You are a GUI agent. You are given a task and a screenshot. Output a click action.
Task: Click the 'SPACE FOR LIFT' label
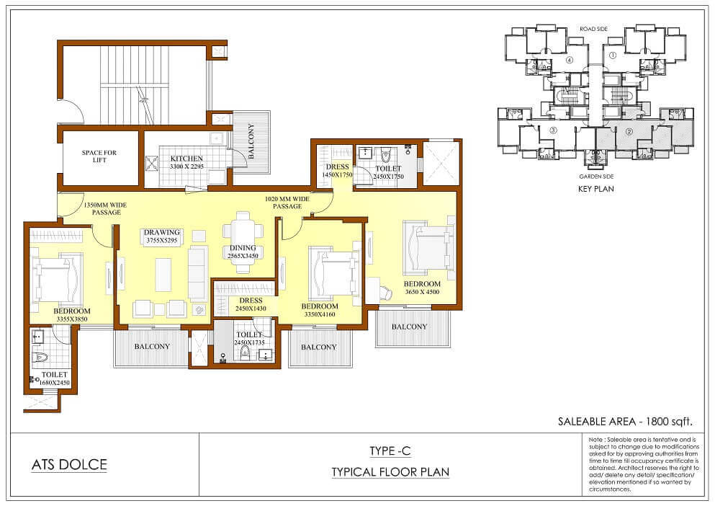tap(99, 156)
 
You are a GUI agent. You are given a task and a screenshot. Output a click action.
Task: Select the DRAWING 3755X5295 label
tap(162, 236)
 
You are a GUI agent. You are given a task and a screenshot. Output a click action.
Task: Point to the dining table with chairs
tap(243, 242)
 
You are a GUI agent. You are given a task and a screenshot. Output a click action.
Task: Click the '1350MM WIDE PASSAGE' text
tap(105, 209)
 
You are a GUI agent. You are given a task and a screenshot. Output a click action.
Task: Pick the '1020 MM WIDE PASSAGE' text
tap(287, 203)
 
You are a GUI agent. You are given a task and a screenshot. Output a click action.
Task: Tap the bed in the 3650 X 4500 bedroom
tap(428, 250)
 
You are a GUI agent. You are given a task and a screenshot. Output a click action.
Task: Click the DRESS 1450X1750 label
tap(338, 171)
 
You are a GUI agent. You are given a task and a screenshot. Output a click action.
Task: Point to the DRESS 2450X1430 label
tap(251, 304)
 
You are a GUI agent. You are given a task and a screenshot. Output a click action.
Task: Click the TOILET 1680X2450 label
tap(54, 378)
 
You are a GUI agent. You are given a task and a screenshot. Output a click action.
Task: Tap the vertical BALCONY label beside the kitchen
tap(251, 141)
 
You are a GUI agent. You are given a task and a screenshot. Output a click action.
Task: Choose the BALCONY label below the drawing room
tap(152, 347)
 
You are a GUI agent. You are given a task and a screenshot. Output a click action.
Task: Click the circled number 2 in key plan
tap(629, 132)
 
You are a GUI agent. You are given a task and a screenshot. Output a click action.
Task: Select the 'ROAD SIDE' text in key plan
tap(594, 29)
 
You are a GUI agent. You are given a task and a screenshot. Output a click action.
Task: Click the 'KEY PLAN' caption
tap(595, 189)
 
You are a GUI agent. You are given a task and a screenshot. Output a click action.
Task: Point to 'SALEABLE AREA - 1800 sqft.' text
tap(625, 421)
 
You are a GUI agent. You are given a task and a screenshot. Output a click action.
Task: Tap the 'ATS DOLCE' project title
tap(69, 464)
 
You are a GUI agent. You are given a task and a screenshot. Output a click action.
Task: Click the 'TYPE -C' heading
tap(390, 451)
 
